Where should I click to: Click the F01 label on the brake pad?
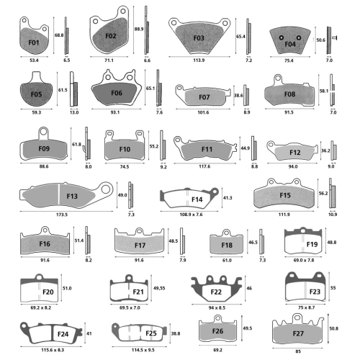click(34, 42)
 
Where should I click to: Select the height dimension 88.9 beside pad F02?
click(139, 29)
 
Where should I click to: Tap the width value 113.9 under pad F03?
click(199, 60)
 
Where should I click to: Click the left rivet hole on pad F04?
click(282, 37)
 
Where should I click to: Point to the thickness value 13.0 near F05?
click(74, 112)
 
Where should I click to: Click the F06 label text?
click(117, 93)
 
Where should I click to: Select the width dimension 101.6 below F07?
click(203, 112)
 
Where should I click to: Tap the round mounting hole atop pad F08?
click(278, 78)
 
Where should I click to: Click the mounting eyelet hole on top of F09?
click(43, 131)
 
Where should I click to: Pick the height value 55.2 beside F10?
click(154, 146)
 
